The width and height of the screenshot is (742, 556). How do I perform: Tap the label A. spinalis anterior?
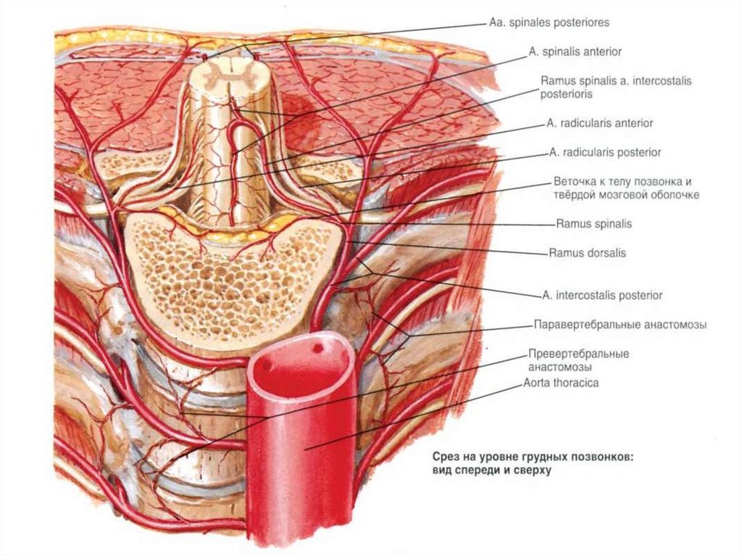575,52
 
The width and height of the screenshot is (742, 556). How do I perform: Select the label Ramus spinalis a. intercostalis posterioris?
616,87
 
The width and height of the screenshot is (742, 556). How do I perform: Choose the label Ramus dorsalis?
587,254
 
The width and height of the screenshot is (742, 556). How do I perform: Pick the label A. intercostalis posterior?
601,296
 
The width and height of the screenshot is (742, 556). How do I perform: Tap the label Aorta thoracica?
562,383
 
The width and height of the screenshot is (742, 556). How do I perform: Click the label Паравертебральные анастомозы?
620,325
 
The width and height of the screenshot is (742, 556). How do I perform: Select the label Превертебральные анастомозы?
578,360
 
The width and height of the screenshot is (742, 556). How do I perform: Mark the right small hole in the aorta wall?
317,348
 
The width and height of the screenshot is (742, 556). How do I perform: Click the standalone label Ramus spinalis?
593,224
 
